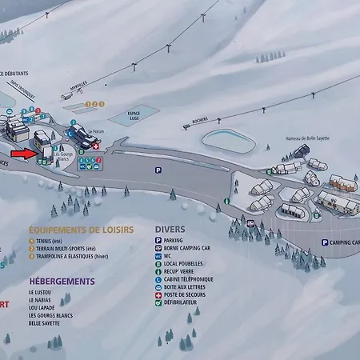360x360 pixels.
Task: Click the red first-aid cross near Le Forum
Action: [95, 147]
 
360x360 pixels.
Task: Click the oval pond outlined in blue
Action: [229, 139]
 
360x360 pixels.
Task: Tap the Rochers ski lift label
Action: [200, 121]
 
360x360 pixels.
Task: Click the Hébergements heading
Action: [62, 282]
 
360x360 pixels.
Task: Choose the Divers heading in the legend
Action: [170, 229]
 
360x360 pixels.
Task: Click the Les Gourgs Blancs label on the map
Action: [63, 157]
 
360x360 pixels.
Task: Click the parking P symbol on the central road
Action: [158, 170]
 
